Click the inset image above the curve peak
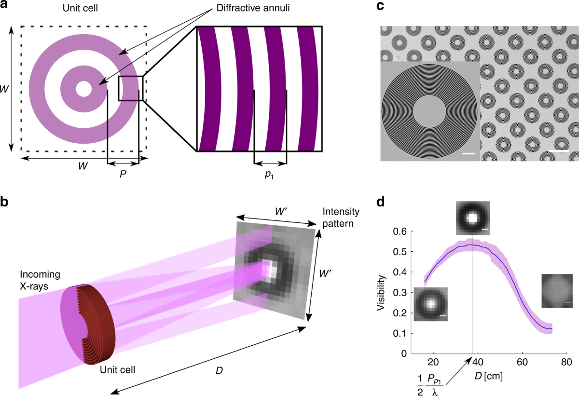pos(472,218)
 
